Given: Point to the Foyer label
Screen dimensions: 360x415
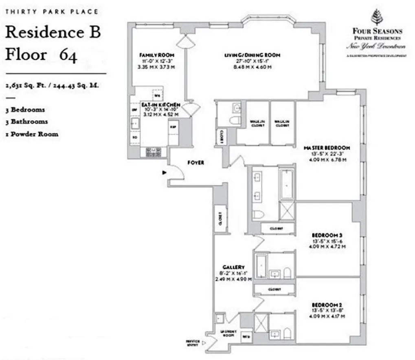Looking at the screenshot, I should pyautogui.click(x=195, y=163).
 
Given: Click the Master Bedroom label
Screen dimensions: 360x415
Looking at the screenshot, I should pyautogui.click(x=327, y=148).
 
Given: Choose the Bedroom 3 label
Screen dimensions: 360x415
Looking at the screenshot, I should pyautogui.click(x=327, y=235).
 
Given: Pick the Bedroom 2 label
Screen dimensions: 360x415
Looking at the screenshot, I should pyautogui.click(x=327, y=305).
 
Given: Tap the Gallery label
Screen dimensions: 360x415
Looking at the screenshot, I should pyautogui.click(x=233, y=267).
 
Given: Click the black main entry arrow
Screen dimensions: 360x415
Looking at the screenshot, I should pyautogui.click(x=164, y=173).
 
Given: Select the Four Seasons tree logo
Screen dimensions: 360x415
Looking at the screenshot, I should pyautogui.click(x=375, y=18).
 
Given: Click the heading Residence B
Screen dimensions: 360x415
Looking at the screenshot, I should pyautogui.click(x=53, y=33).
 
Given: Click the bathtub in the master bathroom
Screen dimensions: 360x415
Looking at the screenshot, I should pyautogui.click(x=286, y=183).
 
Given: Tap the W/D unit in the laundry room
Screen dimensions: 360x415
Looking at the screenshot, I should pyautogui.click(x=246, y=337).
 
